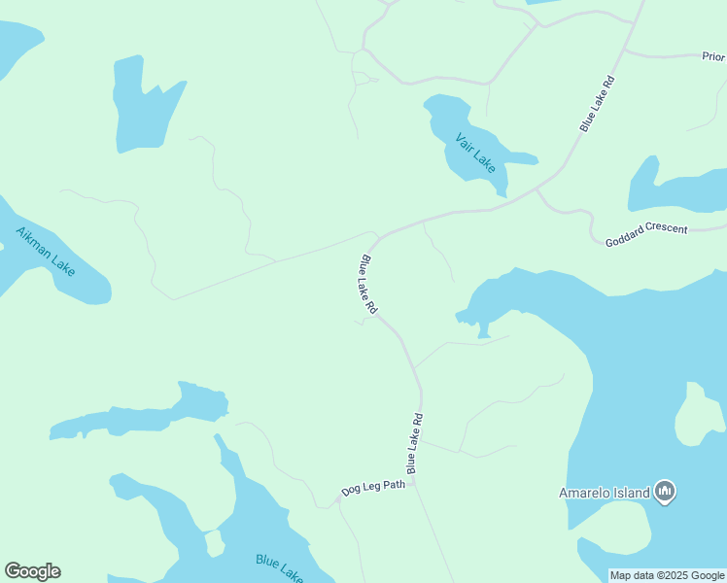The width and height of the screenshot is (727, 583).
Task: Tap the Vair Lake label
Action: [x=475, y=153]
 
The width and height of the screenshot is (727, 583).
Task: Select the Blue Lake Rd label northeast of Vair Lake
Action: [x=598, y=103]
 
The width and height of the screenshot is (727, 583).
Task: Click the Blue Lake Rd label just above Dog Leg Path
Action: [x=415, y=444]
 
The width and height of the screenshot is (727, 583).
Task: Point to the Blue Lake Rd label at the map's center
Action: [x=367, y=284]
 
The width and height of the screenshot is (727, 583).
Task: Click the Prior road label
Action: [x=713, y=57]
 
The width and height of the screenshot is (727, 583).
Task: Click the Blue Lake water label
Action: [x=280, y=566]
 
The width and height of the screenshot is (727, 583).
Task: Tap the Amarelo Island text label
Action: [x=604, y=493]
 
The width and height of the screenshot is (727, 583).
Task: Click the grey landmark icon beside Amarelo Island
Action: [x=666, y=492]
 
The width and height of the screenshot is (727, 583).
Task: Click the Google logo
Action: [x=32, y=571]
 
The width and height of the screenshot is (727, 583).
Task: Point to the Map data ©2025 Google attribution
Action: [x=668, y=575]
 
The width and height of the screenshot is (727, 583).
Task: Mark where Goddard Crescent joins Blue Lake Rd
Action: [x=537, y=190]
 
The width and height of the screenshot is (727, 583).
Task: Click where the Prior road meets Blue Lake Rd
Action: [x=625, y=50]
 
